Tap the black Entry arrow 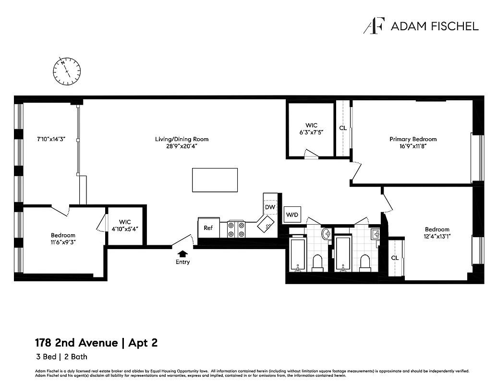[x=182, y=254]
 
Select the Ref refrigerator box [x=208, y=228]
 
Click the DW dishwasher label [x=269, y=207]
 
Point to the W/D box [x=291, y=215]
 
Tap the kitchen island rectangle [x=215, y=180]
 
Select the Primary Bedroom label [x=413, y=139]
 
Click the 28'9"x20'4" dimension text [x=182, y=146]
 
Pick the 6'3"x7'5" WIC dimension [x=311, y=132]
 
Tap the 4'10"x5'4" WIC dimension [x=125, y=228]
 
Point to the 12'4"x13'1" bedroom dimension [x=437, y=236]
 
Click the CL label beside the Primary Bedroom [x=343, y=128]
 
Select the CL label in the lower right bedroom [x=395, y=258]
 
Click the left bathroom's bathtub [x=298, y=254]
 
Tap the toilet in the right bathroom [x=365, y=263]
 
